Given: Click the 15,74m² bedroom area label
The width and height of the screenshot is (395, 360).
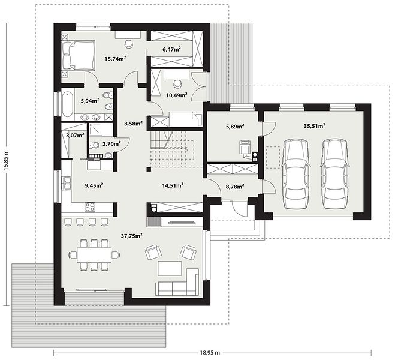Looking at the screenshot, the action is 115,59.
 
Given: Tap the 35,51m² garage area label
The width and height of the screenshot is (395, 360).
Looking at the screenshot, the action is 314,126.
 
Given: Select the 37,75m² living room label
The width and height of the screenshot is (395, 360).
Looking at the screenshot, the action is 132,236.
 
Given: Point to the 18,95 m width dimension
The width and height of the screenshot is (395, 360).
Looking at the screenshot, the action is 210,352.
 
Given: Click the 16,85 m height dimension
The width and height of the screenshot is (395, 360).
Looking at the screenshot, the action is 7,160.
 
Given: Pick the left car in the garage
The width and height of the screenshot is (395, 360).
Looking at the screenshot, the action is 296,174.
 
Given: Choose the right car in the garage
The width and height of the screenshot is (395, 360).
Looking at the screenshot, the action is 334,174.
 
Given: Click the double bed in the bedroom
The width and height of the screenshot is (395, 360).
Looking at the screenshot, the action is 79,55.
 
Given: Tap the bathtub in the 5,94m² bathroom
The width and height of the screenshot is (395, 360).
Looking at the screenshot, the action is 67,104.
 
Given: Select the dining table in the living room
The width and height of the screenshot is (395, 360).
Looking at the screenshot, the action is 94,255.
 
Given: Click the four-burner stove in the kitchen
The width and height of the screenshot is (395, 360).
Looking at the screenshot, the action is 90,207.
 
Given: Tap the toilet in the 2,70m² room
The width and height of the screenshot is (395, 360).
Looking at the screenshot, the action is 95,145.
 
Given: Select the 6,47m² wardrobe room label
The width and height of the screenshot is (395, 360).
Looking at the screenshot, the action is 172,49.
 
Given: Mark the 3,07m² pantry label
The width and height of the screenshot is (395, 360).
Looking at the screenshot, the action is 75,136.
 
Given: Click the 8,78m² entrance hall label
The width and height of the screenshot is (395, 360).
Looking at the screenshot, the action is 235,187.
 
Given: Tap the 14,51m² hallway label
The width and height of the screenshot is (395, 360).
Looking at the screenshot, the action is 173,185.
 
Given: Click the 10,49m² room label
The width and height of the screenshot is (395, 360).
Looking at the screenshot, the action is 176,95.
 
